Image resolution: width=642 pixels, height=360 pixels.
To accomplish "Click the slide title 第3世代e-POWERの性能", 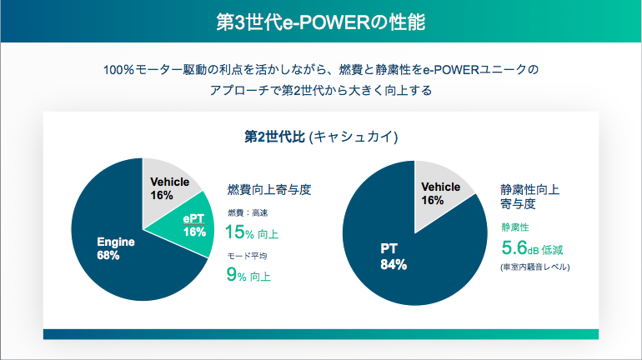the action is click(321, 22).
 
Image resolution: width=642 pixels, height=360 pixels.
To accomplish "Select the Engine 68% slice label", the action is click(115, 248).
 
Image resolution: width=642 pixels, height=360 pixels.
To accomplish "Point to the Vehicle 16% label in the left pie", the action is click(169, 188).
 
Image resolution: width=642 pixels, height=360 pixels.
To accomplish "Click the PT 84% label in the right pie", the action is click(393, 257).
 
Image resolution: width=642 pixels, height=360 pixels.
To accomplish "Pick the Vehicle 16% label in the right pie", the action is click(440, 193).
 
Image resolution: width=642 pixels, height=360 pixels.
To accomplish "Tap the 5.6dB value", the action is click(520, 247).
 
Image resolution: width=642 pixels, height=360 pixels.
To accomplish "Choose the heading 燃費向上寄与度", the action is click(269, 190).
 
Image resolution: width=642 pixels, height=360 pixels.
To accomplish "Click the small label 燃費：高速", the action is click(248, 212).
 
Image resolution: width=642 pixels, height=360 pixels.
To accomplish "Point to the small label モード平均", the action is click(247, 256).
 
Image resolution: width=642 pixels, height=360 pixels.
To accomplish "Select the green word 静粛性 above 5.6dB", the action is click(515, 227).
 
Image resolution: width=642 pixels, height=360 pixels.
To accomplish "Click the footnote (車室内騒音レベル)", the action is click(534, 267).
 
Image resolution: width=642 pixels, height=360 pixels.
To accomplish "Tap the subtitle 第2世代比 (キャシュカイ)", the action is click(321, 136).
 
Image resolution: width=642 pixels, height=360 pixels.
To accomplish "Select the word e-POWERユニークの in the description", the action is click(481, 69).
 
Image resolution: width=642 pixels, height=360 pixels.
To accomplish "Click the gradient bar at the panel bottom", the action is click(321, 334).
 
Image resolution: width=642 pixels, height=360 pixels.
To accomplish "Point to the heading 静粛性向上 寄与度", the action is click(529, 197).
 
